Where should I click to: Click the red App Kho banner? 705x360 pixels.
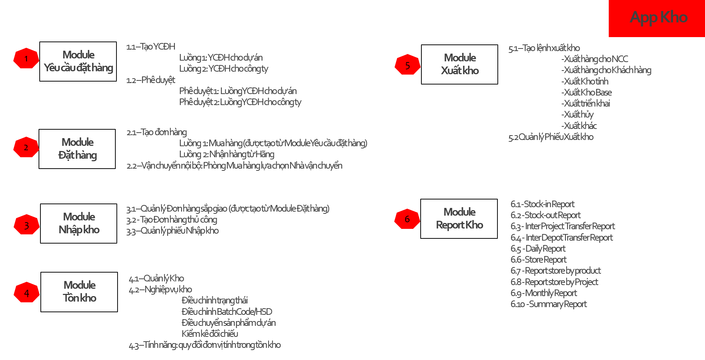[x=657, y=18]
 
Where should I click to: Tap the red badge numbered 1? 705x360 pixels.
[x=26, y=58]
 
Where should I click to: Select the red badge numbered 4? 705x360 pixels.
[x=26, y=293]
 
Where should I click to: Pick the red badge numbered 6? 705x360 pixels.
[x=407, y=219]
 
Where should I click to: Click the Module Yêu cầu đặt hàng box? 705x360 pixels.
[x=78, y=61]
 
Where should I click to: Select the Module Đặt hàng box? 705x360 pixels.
[x=77, y=149]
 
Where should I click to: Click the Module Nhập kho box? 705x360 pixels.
[x=79, y=223]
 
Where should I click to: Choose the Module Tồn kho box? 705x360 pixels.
[x=79, y=292]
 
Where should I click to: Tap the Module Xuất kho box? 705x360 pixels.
[x=460, y=64]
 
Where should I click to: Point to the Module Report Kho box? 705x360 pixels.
[x=459, y=219]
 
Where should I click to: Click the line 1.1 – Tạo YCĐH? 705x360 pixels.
[x=151, y=47]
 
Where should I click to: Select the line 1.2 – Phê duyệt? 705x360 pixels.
[x=151, y=80]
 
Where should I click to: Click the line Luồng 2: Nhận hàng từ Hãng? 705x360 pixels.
[x=227, y=154]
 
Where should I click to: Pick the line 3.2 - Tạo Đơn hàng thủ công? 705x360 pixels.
[x=172, y=220]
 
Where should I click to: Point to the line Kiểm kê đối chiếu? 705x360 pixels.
[x=210, y=334]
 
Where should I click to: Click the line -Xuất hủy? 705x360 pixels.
[x=578, y=115]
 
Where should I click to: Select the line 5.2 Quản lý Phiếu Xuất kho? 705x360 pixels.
[x=551, y=137]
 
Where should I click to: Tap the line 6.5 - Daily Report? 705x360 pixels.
[x=538, y=249]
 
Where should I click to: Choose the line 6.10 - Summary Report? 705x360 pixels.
[x=548, y=304]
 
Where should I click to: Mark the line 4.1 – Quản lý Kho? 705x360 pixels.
[x=156, y=278]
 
